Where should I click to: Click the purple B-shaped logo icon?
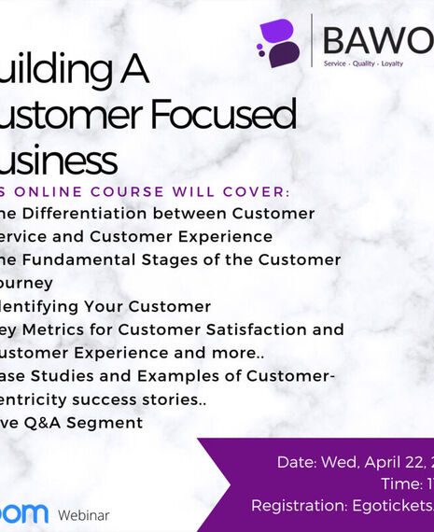pyautogui.click(x=279, y=43)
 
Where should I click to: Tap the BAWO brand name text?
pyautogui.click(x=377, y=41)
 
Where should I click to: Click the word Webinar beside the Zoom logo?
pyautogui.click(x=83, y=515)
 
